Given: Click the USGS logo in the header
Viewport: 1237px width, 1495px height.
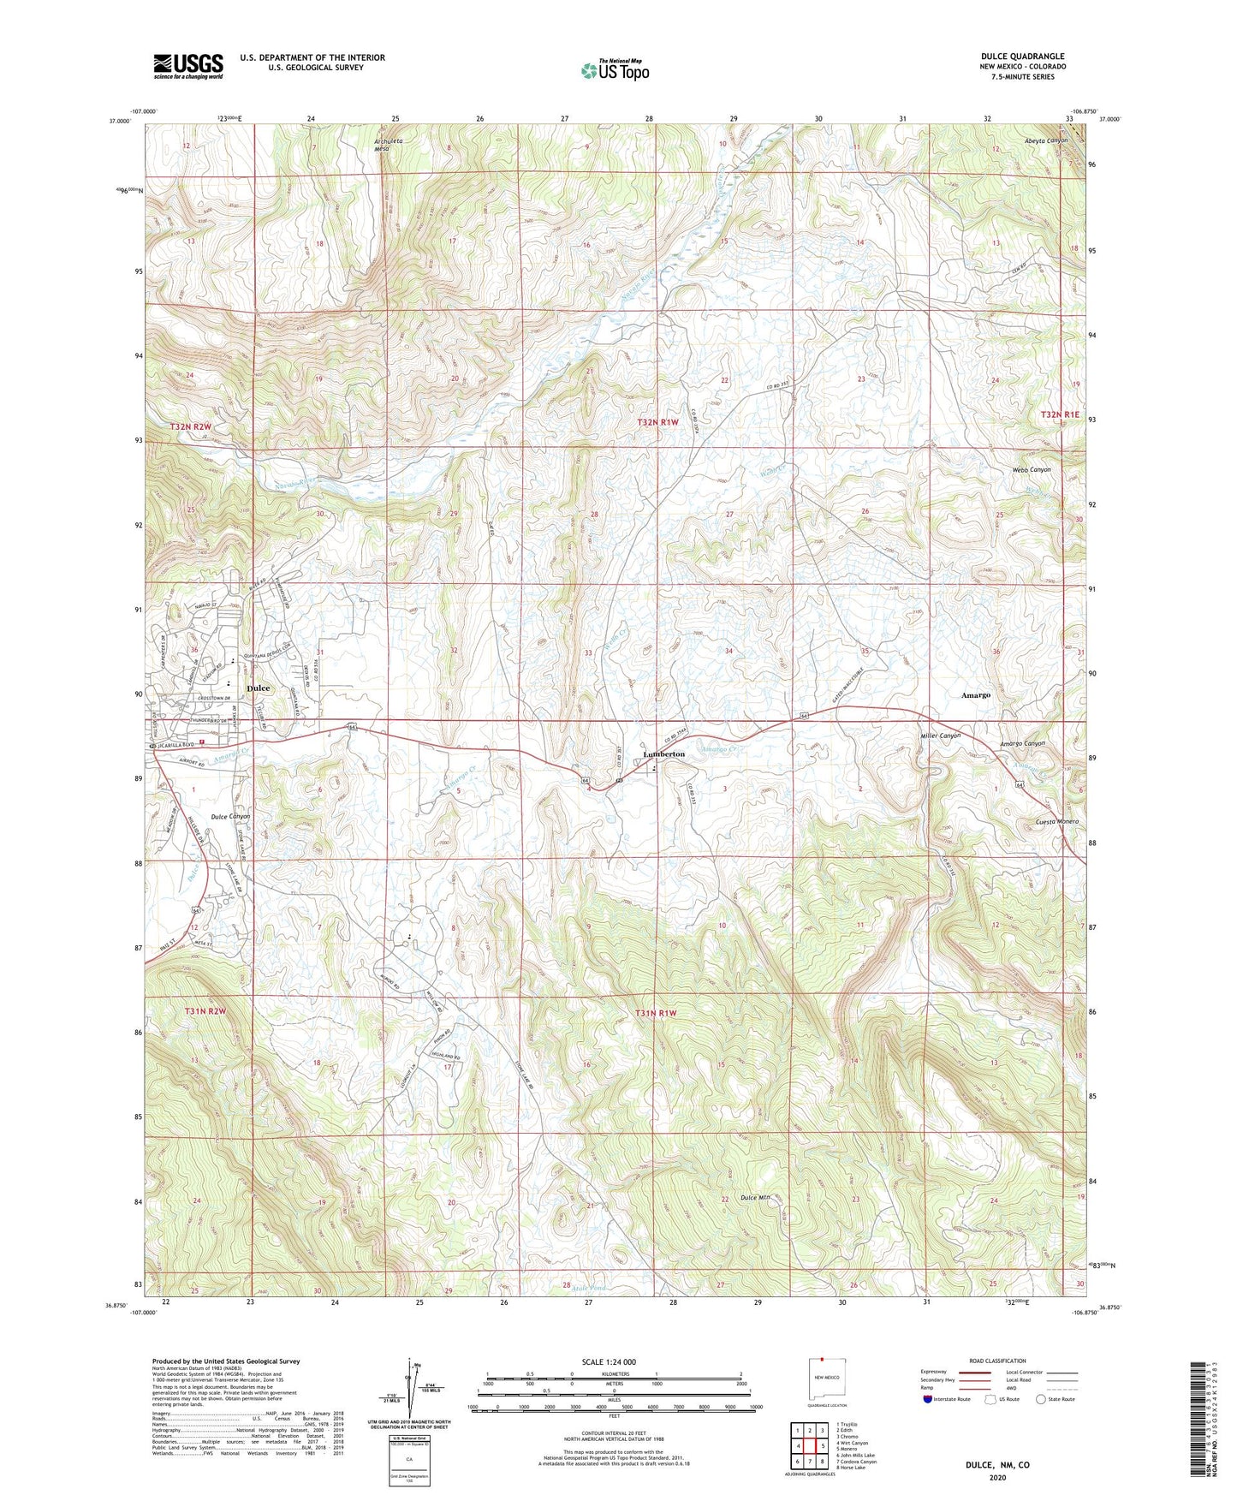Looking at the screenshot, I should (x=188, y=66).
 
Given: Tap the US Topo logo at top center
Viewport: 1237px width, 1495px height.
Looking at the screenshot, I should (x=614, y=70).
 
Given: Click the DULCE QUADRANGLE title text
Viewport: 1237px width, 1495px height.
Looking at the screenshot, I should (x=1023, y=57).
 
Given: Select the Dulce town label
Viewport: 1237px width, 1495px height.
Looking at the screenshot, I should (x=258, y=688).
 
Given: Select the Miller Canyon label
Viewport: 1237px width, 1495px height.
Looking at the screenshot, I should (x=940, y=736).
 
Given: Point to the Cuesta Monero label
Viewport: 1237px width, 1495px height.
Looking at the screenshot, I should (x=1050, y=821).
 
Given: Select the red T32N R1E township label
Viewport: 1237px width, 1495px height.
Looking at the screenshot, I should (x=1062, y=414).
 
